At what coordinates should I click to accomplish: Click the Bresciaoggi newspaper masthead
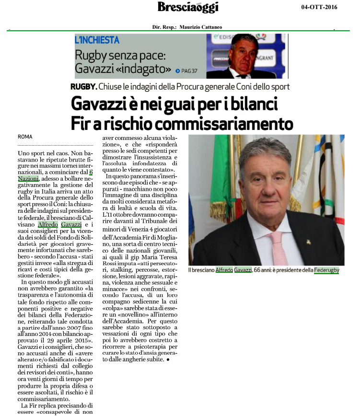point(188,7)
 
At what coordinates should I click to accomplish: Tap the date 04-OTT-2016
point(320,7)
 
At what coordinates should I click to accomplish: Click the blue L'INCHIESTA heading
point(97,40)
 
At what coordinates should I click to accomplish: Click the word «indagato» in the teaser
point(148,69)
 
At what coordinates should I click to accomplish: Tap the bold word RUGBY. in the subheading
point(83,87)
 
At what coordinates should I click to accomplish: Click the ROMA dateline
point(25,137)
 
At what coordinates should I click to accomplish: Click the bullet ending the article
point(168,359)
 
